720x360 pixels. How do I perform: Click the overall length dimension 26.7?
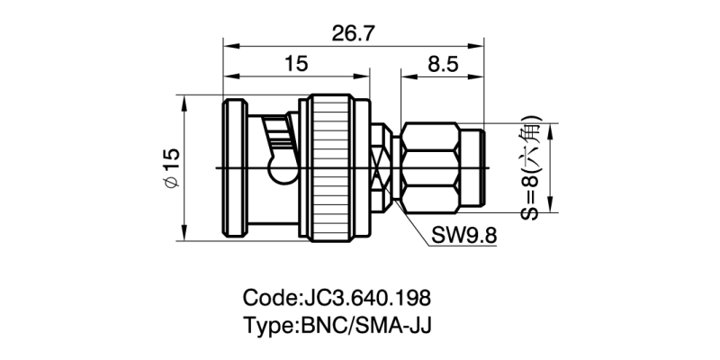click(354, 33)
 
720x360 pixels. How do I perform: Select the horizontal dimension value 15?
click(295, 63)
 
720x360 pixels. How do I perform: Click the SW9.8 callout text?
click(464, 236)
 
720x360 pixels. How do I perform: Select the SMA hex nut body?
click(429, 168)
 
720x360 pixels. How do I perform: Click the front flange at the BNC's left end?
click(232, 168)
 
